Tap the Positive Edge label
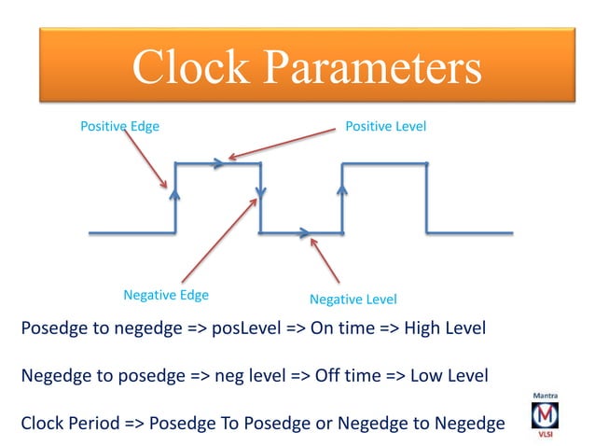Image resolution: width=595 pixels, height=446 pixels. [x=119, y=125]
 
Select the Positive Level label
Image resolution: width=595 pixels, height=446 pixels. [x=386, y=125]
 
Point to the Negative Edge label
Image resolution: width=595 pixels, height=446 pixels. [x=166, y=295]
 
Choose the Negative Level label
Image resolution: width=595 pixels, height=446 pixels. [x=353, y=300]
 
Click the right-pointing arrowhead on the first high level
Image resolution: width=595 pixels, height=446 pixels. [x=219, y=163]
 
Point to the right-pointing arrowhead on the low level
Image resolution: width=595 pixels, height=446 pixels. [x=303, y=232]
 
